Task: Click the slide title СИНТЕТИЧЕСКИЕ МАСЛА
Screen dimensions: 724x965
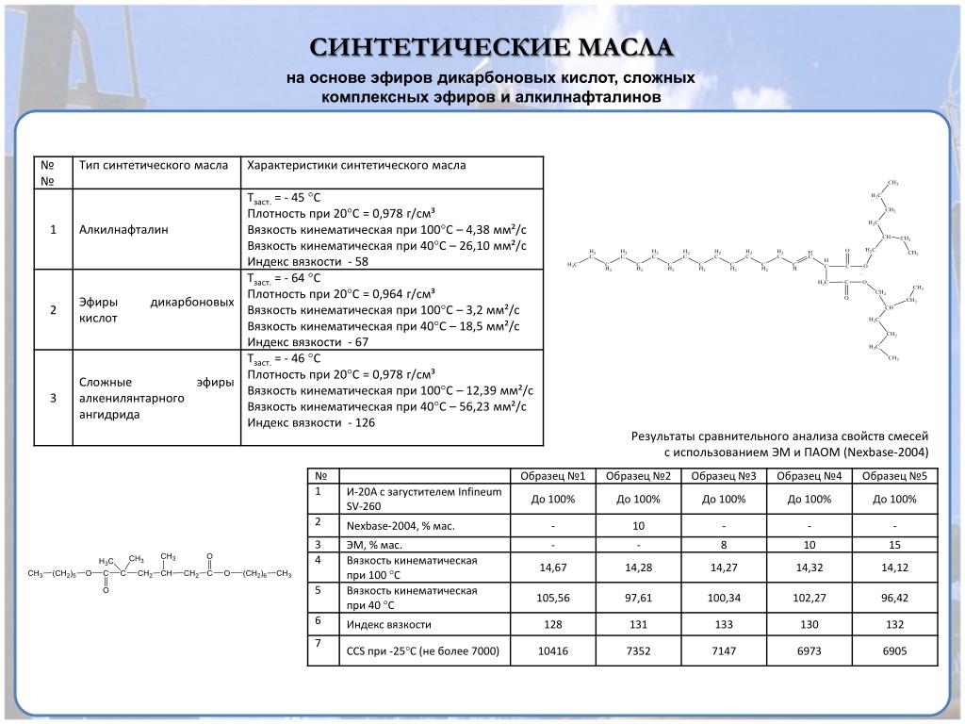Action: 493,48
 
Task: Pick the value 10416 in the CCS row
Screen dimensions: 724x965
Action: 552,650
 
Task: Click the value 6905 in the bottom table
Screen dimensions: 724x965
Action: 895,650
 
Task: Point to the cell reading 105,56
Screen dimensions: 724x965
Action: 552,597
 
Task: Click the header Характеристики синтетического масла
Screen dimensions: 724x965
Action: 355,166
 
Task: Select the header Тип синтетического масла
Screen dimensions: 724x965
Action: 154,166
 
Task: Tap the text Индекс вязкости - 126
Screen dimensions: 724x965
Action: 311,422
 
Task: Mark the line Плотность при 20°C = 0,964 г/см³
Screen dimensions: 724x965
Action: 340,294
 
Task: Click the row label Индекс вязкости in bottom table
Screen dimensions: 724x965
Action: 389,624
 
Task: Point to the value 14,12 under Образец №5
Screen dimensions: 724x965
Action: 895,567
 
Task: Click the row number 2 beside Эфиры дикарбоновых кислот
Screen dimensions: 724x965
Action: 54,310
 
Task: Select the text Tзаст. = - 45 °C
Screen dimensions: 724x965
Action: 284,197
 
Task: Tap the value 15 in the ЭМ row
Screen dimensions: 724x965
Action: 895,545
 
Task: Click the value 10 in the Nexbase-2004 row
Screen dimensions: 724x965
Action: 638,525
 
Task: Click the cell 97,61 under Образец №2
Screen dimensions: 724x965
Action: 638,597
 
